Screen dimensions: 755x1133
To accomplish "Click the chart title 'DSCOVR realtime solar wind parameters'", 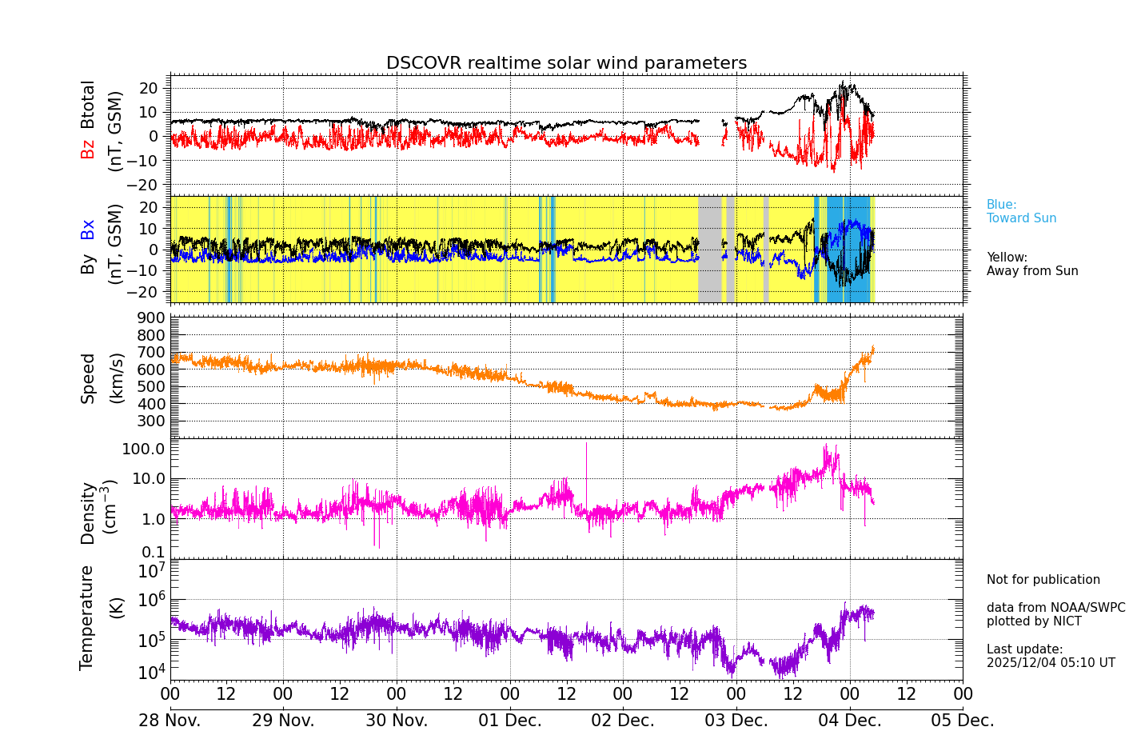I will [x=566, y=63].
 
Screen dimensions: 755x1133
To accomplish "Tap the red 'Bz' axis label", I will [x=87, y=149].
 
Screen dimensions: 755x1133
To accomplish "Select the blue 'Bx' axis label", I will [x=87, y=229].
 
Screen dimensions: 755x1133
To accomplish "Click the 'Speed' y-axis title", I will [x=88, y=377].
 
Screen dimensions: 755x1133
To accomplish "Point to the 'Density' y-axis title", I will [x=88, y=513].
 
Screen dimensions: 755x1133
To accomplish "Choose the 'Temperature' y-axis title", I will [x=86, y=617].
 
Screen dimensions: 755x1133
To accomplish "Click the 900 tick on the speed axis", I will [x=154, y=318].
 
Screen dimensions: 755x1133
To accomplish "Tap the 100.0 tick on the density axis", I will [x=144, y=449].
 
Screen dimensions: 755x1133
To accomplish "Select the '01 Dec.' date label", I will [x=509, y=721].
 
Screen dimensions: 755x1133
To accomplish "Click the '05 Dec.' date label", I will [x=962, y=721].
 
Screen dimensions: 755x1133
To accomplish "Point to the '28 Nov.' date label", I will [x=170, y=721].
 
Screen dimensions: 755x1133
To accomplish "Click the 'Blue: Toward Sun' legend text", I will [x=1021, y=211].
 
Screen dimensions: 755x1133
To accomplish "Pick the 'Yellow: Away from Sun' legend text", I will [x=1031, y=264].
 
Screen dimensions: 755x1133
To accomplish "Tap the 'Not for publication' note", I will [x=1043, y=580].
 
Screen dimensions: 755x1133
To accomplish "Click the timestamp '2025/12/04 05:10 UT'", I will [x=1050, y=663].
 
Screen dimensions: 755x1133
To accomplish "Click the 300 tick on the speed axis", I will [x=154, y=421].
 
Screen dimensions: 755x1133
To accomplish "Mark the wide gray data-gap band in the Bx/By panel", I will [x=709, y=249].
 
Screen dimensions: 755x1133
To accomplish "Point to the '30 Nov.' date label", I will [x=397, y=721].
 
